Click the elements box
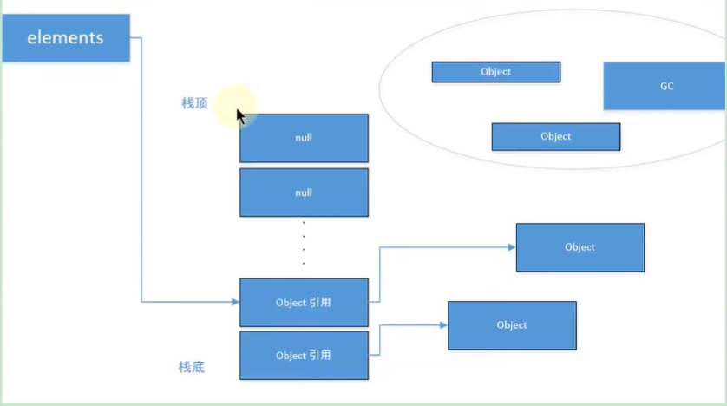pos(66,38)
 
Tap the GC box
pos(665,86)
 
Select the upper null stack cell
pos(304,138)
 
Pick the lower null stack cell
pos(304,193)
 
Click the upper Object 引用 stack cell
pos(304,302)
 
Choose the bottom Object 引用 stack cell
pos(304,355)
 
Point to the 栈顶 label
pos(194,103)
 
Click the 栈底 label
pos(192,367)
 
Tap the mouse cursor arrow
pos(240,115)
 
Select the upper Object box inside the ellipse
pos(495,72)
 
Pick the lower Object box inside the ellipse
pos(555,136)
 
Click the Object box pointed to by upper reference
pos(580,247)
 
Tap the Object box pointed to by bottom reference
pos(512,325)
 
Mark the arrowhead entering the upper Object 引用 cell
pos(235,302)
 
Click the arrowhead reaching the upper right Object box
pos(512,247)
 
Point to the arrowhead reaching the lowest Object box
pos(443,325)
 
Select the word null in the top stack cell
pos(304,138)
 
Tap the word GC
pos(666,86)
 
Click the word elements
pos(65,38)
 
